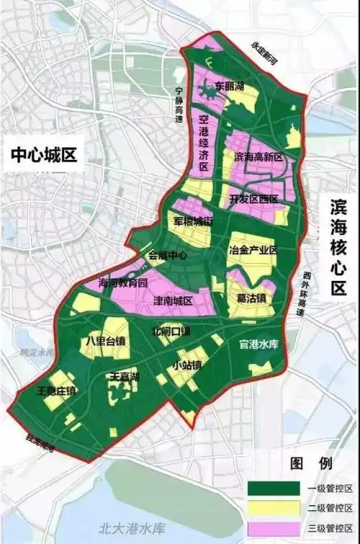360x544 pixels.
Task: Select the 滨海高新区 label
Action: click(x=258, y=156)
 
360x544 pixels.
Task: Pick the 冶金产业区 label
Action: click(x=253, y=250)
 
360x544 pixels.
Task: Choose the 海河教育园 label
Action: click(x=122, y=282)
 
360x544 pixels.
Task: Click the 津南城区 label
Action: click(x=173, y=299)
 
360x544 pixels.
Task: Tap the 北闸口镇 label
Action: click(x=171, y=332)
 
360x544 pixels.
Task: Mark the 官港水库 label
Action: click(x=264, y=345)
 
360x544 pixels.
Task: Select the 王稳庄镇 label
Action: click(x=55, y=391)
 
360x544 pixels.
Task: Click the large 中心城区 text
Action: click(x=42, y=155)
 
